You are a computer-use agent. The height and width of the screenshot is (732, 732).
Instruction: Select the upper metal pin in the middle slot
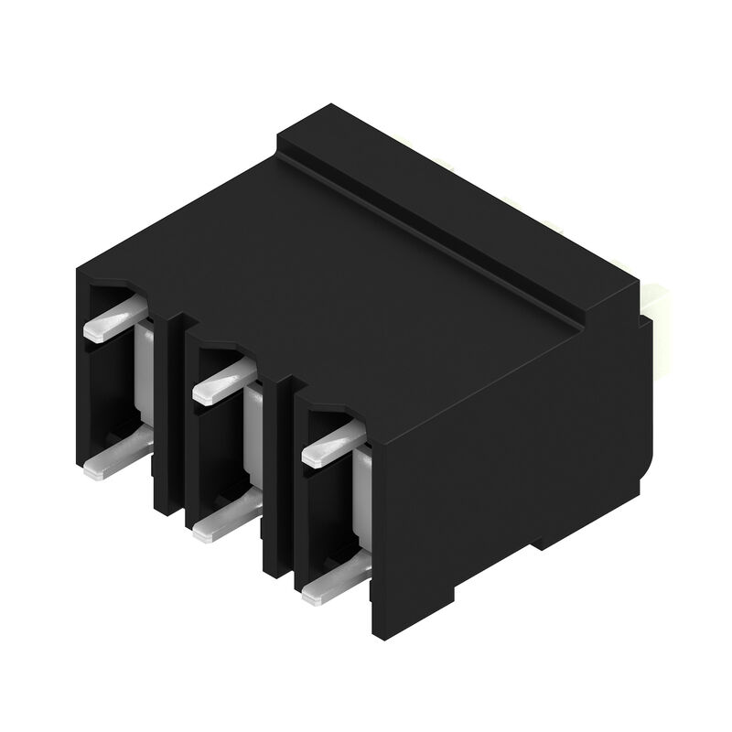222,382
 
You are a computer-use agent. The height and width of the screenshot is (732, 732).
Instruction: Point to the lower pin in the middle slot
224,517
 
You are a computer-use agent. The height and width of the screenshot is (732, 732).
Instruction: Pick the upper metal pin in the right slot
331,445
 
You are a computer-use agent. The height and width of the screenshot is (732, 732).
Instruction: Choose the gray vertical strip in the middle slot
255,430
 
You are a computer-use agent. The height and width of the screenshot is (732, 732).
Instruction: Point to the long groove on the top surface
430,233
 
